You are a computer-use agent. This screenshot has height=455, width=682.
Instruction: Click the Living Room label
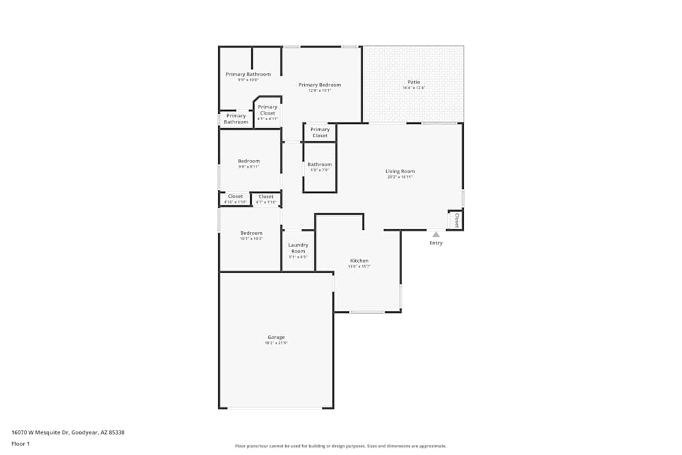[400, 171]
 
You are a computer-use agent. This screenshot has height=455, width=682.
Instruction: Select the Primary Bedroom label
[320, 85]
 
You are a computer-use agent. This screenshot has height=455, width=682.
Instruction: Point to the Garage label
[276, 337]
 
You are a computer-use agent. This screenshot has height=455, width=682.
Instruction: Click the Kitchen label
[359, 261]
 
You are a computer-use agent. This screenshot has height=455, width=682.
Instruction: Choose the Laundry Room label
[298, 248]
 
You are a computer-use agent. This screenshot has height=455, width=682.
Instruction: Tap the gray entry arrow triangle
[436, 234]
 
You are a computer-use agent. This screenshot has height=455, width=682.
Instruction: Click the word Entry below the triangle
[436, 243]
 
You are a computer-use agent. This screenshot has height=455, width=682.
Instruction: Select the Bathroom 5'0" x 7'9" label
[319, 164]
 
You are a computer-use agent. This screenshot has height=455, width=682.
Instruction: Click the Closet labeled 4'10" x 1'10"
[235, 196]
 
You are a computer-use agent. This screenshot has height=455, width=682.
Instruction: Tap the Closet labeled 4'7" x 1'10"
[266, 196]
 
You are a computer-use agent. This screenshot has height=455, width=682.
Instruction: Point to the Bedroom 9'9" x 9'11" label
[248, 161]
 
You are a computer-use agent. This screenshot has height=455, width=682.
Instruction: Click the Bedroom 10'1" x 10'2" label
[251, 233]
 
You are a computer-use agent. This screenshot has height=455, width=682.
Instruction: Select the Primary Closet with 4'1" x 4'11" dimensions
[267, 110]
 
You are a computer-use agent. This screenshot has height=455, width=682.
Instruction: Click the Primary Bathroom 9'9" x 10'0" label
[248, 74]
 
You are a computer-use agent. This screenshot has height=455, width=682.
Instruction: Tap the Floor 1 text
[20, 443]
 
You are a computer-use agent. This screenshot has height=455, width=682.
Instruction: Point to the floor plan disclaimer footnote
[341, 446]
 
